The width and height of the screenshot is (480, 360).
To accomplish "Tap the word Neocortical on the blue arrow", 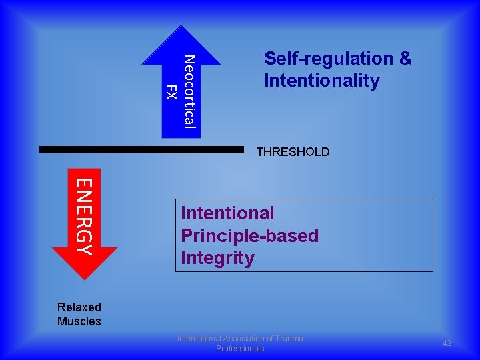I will tap(189, 91).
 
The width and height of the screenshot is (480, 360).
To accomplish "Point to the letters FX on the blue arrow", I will tap(171, 93).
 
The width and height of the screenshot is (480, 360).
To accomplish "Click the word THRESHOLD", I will tap(293, 152).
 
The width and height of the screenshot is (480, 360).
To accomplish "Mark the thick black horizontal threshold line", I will tap(141, 150).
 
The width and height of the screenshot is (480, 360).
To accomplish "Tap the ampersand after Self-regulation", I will tap(405, 59).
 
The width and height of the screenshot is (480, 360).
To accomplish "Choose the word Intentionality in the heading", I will tap(321, 81).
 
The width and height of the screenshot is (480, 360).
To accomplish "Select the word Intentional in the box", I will tap(227, 213).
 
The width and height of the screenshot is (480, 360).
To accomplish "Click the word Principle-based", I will tap(249, 236).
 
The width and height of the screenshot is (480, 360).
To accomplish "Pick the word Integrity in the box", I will tap(217, 258).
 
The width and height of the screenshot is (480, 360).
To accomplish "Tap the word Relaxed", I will tap(79, 307).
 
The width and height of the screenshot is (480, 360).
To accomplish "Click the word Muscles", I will tap(79, 321).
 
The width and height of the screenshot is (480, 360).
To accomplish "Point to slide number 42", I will tap(447, 343).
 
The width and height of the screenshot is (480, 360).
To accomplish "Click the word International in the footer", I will tap(201, 339).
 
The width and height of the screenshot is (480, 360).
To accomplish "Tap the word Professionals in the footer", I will tap(240, 349).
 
